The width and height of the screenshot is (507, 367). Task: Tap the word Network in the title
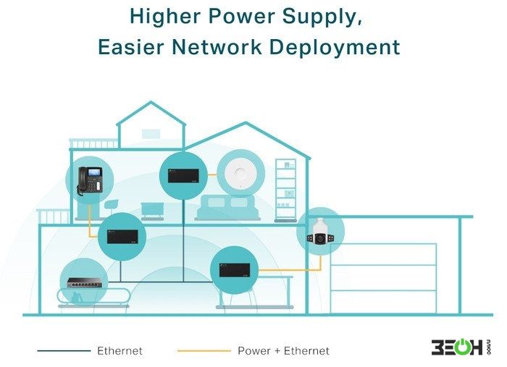coord(217,47)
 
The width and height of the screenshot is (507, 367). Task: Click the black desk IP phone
coord(90,180)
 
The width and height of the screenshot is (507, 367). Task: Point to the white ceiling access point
coord(240,174)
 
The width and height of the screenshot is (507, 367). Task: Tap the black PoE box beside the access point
coord(183,176)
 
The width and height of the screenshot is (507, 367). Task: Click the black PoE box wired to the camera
coord(235,270)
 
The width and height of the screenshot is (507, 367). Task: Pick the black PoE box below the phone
coord(122,237)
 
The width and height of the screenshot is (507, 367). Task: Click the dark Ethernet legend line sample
coord(64,350)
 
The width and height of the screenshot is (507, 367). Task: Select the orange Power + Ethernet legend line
coord(204,350)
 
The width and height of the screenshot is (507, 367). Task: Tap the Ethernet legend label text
coord(120,351)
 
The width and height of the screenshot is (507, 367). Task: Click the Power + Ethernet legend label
coord(283,351)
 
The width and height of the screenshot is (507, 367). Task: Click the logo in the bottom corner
coord(461,347)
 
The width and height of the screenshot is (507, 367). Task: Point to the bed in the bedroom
coord(228,208)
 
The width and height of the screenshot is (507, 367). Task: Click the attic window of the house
coord(151,134)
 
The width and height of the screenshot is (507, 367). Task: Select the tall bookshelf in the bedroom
coord(285,190)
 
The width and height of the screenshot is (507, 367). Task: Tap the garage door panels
coord(383,279)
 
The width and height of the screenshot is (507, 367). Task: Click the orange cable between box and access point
coord(212,175)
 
